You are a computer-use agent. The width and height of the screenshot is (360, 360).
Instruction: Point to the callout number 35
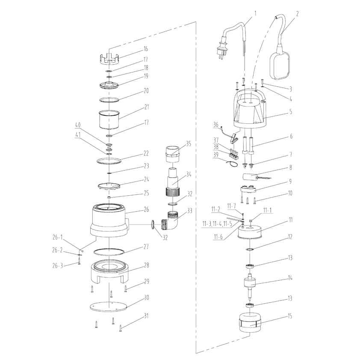189,143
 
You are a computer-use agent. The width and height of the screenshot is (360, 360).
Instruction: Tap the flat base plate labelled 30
110,306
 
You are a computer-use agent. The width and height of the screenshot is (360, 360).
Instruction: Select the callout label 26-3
57,266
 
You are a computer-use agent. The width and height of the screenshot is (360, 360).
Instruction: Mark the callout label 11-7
231,206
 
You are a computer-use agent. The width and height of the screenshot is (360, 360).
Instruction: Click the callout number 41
78,134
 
